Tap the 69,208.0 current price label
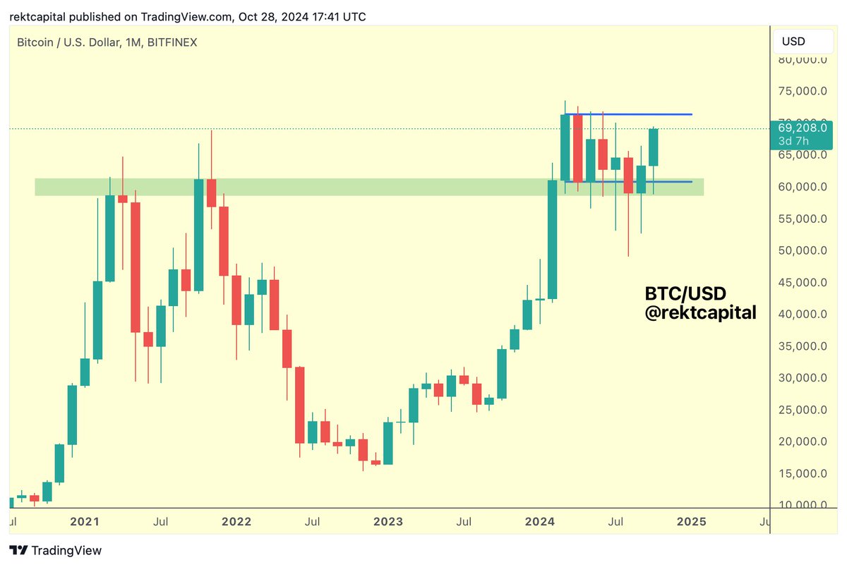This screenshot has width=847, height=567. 802,128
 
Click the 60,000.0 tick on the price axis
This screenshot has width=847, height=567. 802,187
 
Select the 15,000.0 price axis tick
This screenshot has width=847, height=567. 802,473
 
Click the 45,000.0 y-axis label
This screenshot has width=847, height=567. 802,282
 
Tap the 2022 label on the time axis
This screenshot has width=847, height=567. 236,522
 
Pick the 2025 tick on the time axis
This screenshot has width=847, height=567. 692,522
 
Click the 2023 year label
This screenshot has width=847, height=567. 388,522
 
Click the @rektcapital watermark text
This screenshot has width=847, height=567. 700,312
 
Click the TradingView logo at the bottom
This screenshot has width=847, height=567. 56,551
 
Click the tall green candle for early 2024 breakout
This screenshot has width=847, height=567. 552,240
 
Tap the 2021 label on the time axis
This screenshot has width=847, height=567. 85,522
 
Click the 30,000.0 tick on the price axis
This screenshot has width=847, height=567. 802,378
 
